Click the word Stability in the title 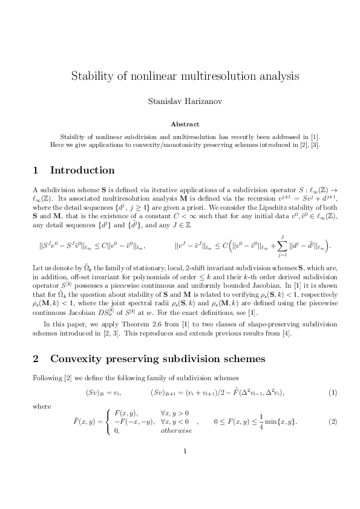(91, 77)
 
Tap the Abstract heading (180, 123)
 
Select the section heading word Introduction (82, 170)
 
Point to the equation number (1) (332, 393)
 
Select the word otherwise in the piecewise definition (176, 430)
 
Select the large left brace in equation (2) (109, 421)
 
